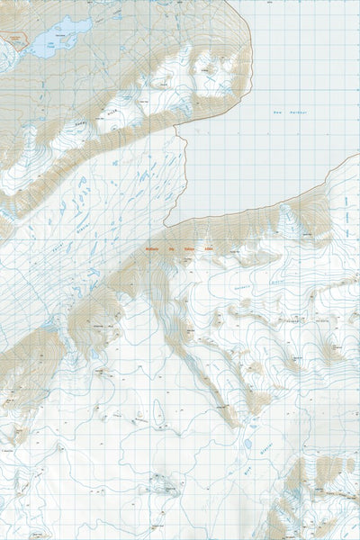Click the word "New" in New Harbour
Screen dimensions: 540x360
point(277,112)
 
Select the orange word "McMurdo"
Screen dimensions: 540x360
point(149,251)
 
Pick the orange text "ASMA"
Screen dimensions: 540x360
point(209,251)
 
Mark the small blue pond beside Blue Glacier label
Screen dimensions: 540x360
point(245,444)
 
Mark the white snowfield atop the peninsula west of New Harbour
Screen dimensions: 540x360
point(211,76)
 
